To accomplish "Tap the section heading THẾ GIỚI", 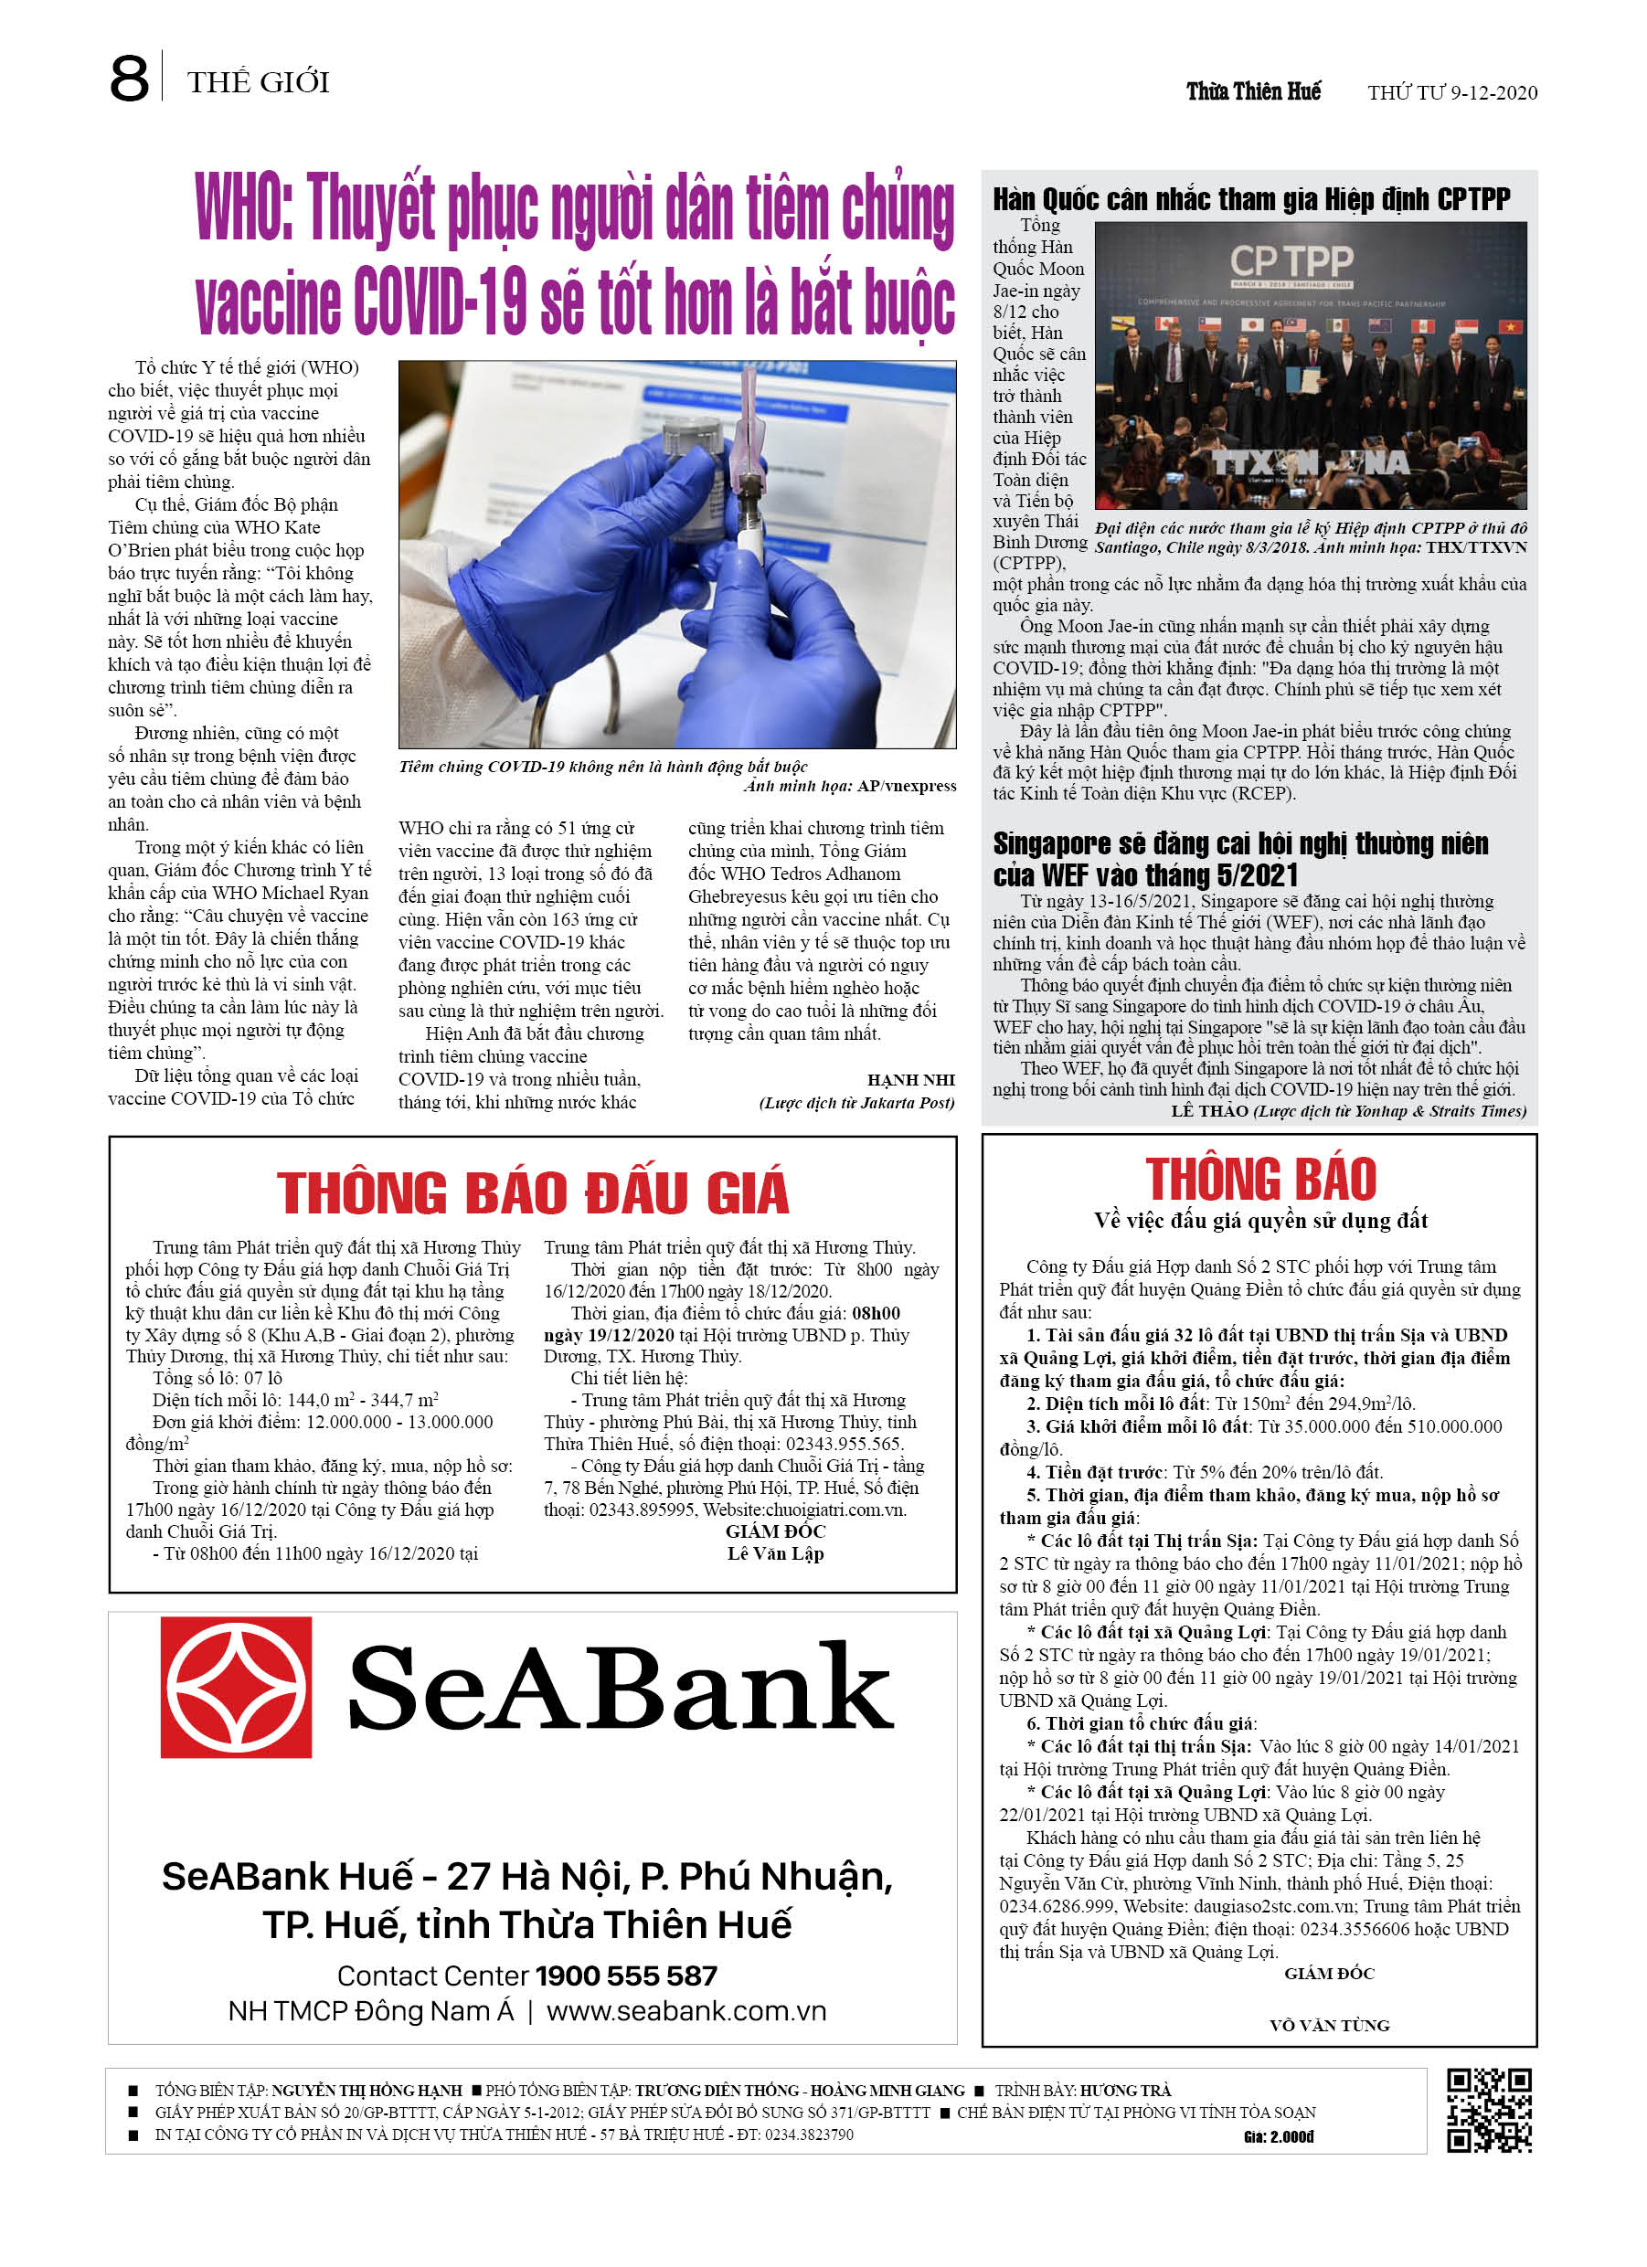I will (x=258, y=82).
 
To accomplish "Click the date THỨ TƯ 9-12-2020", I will (x=1451, y=93).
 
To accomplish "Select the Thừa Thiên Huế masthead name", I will (x=1253, y=92).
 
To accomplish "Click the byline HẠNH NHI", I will (x=910, y=1079).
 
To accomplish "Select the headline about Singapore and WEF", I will (x=1240, y=859).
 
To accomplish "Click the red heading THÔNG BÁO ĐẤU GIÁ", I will (x=532, y=1192).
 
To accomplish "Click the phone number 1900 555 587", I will (x=626, y=1976).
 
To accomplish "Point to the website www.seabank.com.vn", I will (x=686, y=2011).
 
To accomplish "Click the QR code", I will (x=1489, y=2110).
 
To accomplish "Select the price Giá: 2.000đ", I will (x=1278, y=2137).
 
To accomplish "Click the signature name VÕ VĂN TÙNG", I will (x=1329, y=2025).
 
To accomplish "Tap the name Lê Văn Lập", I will (x=775, y=1553).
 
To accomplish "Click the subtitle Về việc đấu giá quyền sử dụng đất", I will (x=1260, y=1221).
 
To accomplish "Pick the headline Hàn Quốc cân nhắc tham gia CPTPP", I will (x=1251, y=199).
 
